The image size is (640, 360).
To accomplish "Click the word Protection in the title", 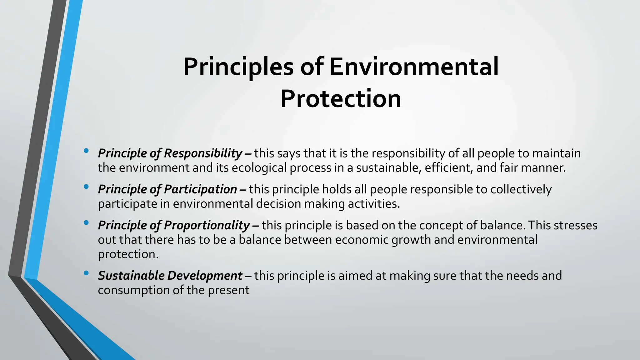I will tap(341, 99).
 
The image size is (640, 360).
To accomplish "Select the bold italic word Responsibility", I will tap(203, 153).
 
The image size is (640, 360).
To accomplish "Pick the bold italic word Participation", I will tap(200, 189).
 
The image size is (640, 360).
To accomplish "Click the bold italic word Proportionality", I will tap(207, 225).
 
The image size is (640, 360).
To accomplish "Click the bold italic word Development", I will tap(205, 276).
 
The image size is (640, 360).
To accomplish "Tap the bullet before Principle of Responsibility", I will tap(86, 151).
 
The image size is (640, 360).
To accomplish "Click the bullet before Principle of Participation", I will tap(86, 187).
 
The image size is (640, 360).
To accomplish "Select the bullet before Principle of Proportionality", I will tap(86, 223).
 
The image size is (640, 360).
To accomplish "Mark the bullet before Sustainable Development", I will tap(86, 273).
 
